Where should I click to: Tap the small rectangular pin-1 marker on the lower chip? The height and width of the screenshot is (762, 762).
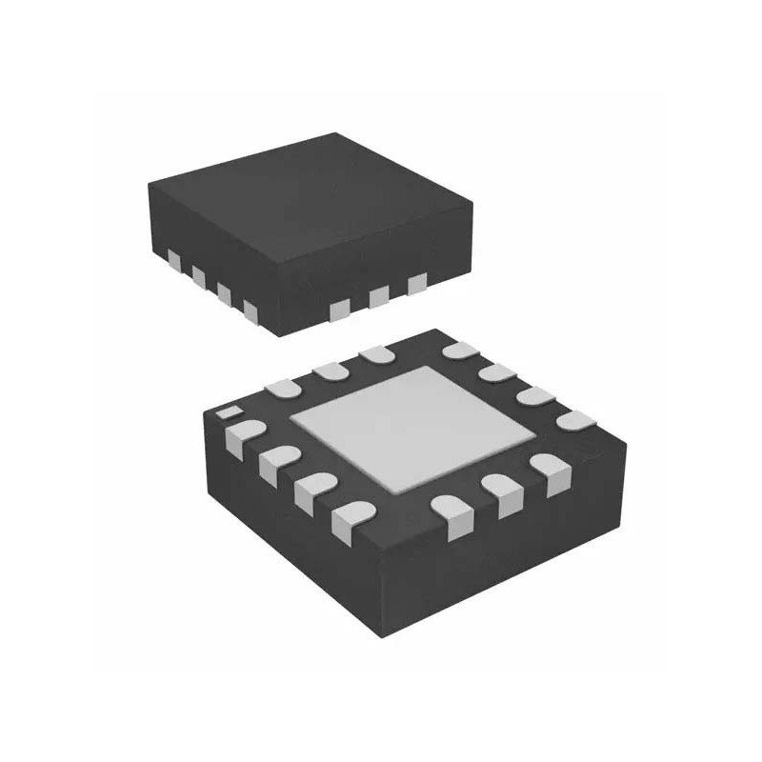click(x=227, y=413)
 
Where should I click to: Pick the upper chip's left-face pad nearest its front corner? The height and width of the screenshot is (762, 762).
click(x=251, y=310)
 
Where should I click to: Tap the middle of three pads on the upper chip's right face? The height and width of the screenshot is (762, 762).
click(x=379, y=297)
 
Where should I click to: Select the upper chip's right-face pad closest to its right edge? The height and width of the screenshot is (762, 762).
click(x=416, y=284)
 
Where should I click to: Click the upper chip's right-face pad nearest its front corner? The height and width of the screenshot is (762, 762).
click(x=340, y=309)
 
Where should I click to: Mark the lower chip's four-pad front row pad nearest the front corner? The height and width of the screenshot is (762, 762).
click(x=350, y=518)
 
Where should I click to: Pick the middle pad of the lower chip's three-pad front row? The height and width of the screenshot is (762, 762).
click(x=501, y=492)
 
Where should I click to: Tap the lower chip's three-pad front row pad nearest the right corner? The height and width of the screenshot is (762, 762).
click(x=548, y=470)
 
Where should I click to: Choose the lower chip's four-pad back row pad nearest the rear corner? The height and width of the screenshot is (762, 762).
click(x=459, y=351)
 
